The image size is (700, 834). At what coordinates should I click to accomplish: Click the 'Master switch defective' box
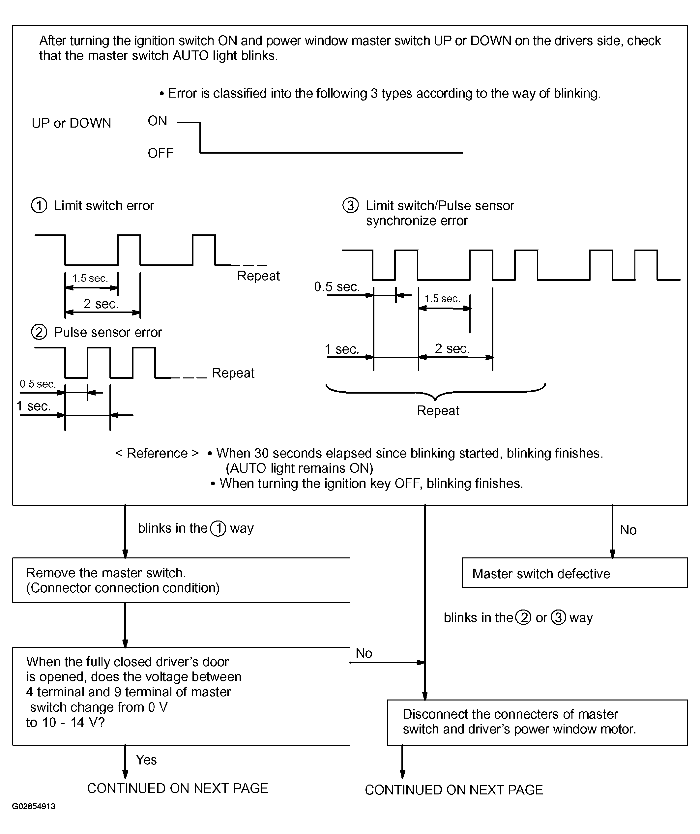click(574, 573)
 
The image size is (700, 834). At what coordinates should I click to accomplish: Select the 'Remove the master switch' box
click(181, 580)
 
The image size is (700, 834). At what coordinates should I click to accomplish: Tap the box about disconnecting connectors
click(537, 722)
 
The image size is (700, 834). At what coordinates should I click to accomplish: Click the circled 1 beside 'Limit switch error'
click(39, 205)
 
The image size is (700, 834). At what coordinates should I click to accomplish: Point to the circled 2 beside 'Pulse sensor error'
click(39, 332)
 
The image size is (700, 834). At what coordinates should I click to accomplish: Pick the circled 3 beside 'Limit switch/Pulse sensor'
click(350, 205)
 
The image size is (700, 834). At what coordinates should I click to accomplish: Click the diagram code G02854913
click(34, 806)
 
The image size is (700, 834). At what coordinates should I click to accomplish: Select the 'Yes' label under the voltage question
click(146, 760)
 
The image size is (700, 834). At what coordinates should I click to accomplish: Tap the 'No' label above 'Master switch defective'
click(628, 530)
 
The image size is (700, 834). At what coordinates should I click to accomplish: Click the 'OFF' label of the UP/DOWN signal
click(160, 153)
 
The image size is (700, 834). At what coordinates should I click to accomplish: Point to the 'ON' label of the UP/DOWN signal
click(157, 121)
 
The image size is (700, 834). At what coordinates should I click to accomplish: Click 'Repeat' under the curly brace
click(438, 410)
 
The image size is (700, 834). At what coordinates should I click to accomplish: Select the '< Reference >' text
click(157, 453)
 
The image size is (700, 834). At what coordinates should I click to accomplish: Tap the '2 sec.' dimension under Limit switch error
click(101, 304)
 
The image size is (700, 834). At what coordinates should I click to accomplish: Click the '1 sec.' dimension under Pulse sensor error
click(34, 406)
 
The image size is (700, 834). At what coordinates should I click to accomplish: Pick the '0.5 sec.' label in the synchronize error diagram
click(337, 286)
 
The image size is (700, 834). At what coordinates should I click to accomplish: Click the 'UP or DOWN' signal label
click(72, 123)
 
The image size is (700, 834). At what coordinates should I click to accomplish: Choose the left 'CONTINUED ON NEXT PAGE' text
click(178, 788)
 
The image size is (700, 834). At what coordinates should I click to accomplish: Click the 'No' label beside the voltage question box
click(364, 653)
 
